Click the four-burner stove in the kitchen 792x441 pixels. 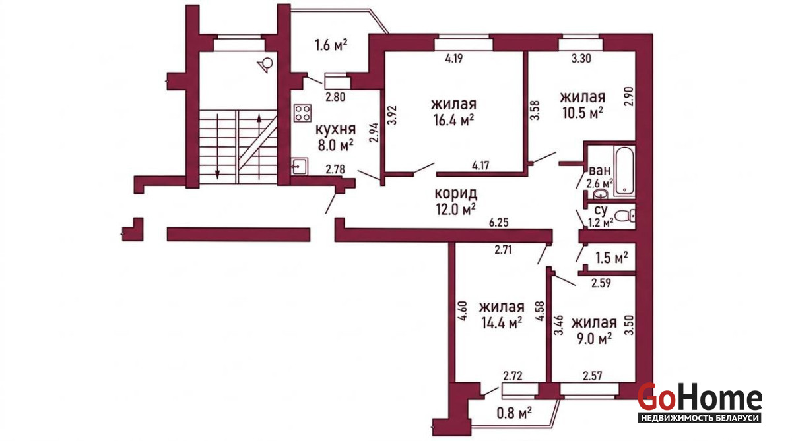(x=303, y=113)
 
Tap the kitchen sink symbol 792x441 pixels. (x=300, y=166)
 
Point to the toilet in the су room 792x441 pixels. (x=625, y=216)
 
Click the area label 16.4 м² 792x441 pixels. (x=453, y=121)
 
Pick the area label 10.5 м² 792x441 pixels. (x=582, y=113)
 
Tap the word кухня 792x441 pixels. (x=335, y=130)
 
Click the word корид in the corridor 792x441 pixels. (x=456, y=194)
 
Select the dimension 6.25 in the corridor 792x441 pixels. (x=498, y=222)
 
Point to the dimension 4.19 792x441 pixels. (x=454, y=58)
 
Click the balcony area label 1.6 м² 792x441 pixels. (x=331, y=45)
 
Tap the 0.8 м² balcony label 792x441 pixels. (x=514, y=413)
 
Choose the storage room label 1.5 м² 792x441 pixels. (x=612, y=258)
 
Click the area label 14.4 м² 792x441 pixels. (x=502, y=323)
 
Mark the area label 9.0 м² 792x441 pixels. (x=595, y=339)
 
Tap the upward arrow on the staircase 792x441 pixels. (x=259, y=147)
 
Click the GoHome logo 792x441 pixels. (x=700, y=403)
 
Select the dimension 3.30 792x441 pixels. (x=581, y=58)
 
